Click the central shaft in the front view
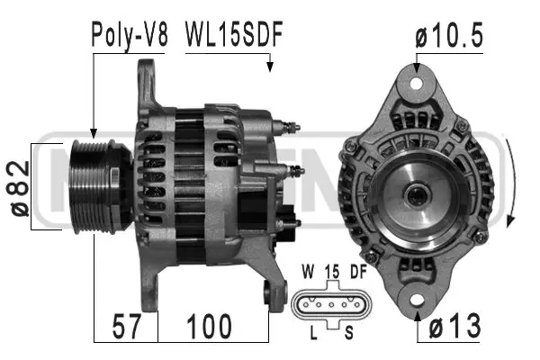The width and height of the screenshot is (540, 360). pos(417,193)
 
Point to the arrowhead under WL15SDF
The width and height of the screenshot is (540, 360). pos(269,65)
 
